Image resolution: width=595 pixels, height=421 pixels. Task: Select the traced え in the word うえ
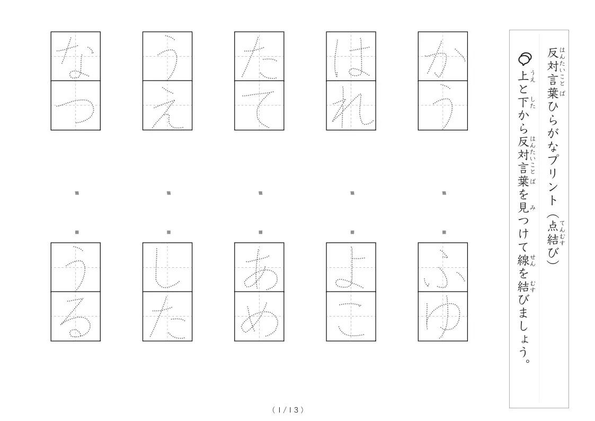[167, 108]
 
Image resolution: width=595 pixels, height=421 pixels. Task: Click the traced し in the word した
[166, 268]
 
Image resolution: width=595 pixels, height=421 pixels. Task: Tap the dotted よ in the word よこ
[350, 268]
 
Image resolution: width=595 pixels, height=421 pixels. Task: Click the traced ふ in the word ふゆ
[443, 269]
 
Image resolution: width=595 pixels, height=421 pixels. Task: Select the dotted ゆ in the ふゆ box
[443, 317]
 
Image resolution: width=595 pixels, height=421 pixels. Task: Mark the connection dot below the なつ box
[77, 193]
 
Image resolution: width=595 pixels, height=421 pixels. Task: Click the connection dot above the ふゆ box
[445, 232]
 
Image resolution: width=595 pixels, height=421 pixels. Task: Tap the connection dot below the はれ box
[352, 193]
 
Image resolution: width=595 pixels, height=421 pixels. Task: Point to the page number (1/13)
[288, 410]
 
